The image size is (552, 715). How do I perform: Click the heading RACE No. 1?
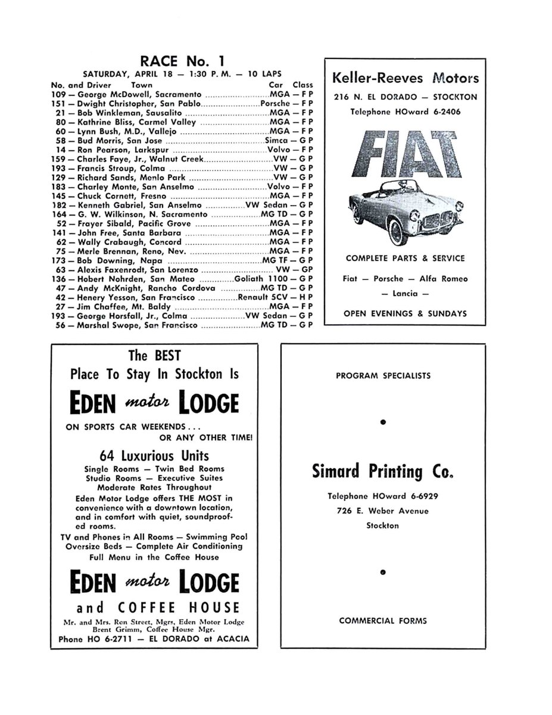pyautogui.click(x=182, y=61)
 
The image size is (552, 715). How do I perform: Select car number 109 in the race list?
pyautogui.click(x=58, y=94)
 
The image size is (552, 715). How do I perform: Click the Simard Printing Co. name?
pyautogui.click(x=383, y=472)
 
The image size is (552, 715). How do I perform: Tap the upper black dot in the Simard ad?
pyautogui.click(x=383, y=422)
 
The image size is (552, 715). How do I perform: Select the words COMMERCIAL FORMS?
pyautogui.click(x=383, y=620)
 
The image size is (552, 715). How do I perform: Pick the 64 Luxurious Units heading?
pyautogui.click(x=154, y=456)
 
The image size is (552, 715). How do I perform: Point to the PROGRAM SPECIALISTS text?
pyautogui.click(x=383, y=376)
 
